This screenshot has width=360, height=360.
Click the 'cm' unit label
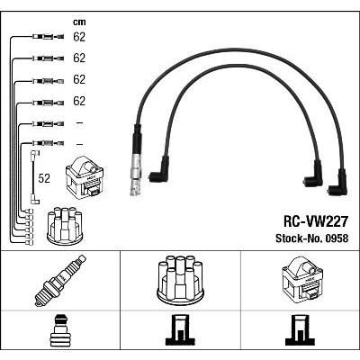[x=79, y=22]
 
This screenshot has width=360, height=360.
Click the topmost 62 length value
[x=79, y=37]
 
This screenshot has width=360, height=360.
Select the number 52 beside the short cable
[x=44, y=178]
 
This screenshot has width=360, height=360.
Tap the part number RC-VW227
[x=316, y=221]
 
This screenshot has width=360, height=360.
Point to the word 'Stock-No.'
[x=300, y=238]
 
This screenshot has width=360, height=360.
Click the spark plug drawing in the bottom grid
[x=60, y=281]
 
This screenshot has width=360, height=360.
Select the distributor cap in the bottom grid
[x=180, y=278]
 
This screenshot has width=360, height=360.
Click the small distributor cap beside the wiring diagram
[x=65, y=226]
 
